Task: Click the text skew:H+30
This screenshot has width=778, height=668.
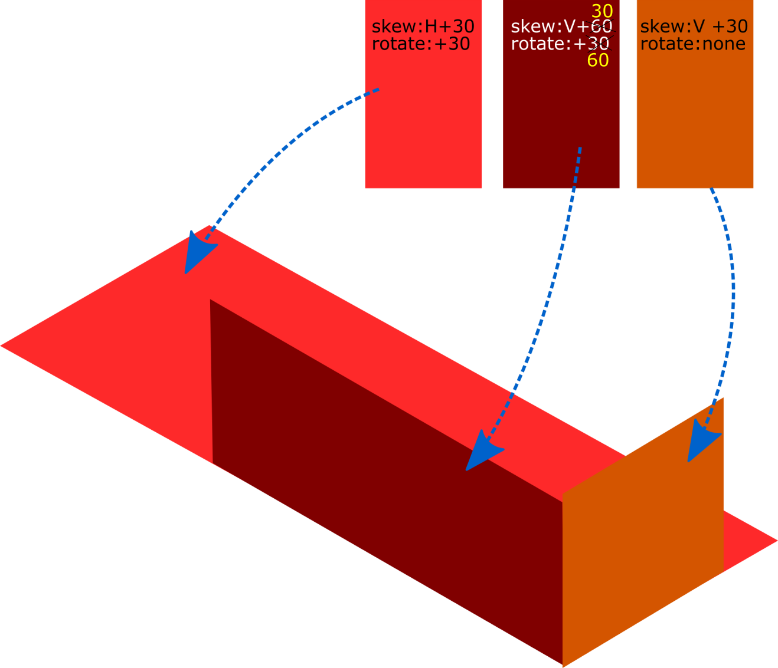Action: [423, 27]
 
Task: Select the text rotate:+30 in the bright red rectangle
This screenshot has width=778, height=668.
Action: [421, 44]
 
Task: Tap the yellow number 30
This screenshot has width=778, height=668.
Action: [602, 11]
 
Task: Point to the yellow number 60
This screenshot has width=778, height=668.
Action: [598, 60]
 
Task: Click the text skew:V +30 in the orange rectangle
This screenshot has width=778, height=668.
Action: [694, 27]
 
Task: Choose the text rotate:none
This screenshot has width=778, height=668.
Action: [692, 44]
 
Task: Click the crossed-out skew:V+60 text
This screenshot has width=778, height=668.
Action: [561, 27]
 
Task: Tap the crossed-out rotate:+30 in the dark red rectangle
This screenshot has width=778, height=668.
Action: [560, 44]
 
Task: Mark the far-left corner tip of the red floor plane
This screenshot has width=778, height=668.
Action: [2, 346]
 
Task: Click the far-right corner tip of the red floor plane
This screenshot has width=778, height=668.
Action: [775, 540]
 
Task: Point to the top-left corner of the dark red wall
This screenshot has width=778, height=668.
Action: [211, 301]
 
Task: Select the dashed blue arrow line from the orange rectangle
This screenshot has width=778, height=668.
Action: [732, 295]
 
